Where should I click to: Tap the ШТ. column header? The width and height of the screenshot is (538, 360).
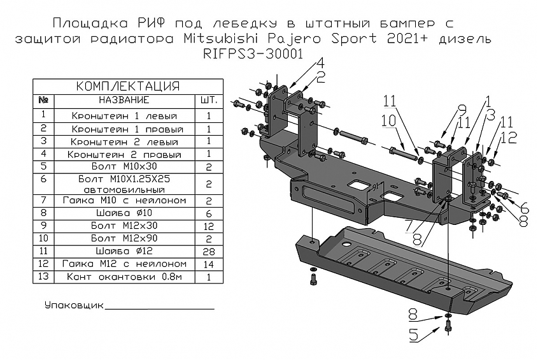208,101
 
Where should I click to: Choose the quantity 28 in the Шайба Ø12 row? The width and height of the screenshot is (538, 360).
208,252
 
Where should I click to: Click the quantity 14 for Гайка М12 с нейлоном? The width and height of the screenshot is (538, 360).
208,264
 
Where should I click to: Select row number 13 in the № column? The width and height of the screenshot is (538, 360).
43,277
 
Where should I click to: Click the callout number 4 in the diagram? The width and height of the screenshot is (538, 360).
318,63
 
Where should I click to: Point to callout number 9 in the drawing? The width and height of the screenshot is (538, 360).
462,109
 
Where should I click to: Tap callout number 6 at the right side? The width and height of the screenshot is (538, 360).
524,208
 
